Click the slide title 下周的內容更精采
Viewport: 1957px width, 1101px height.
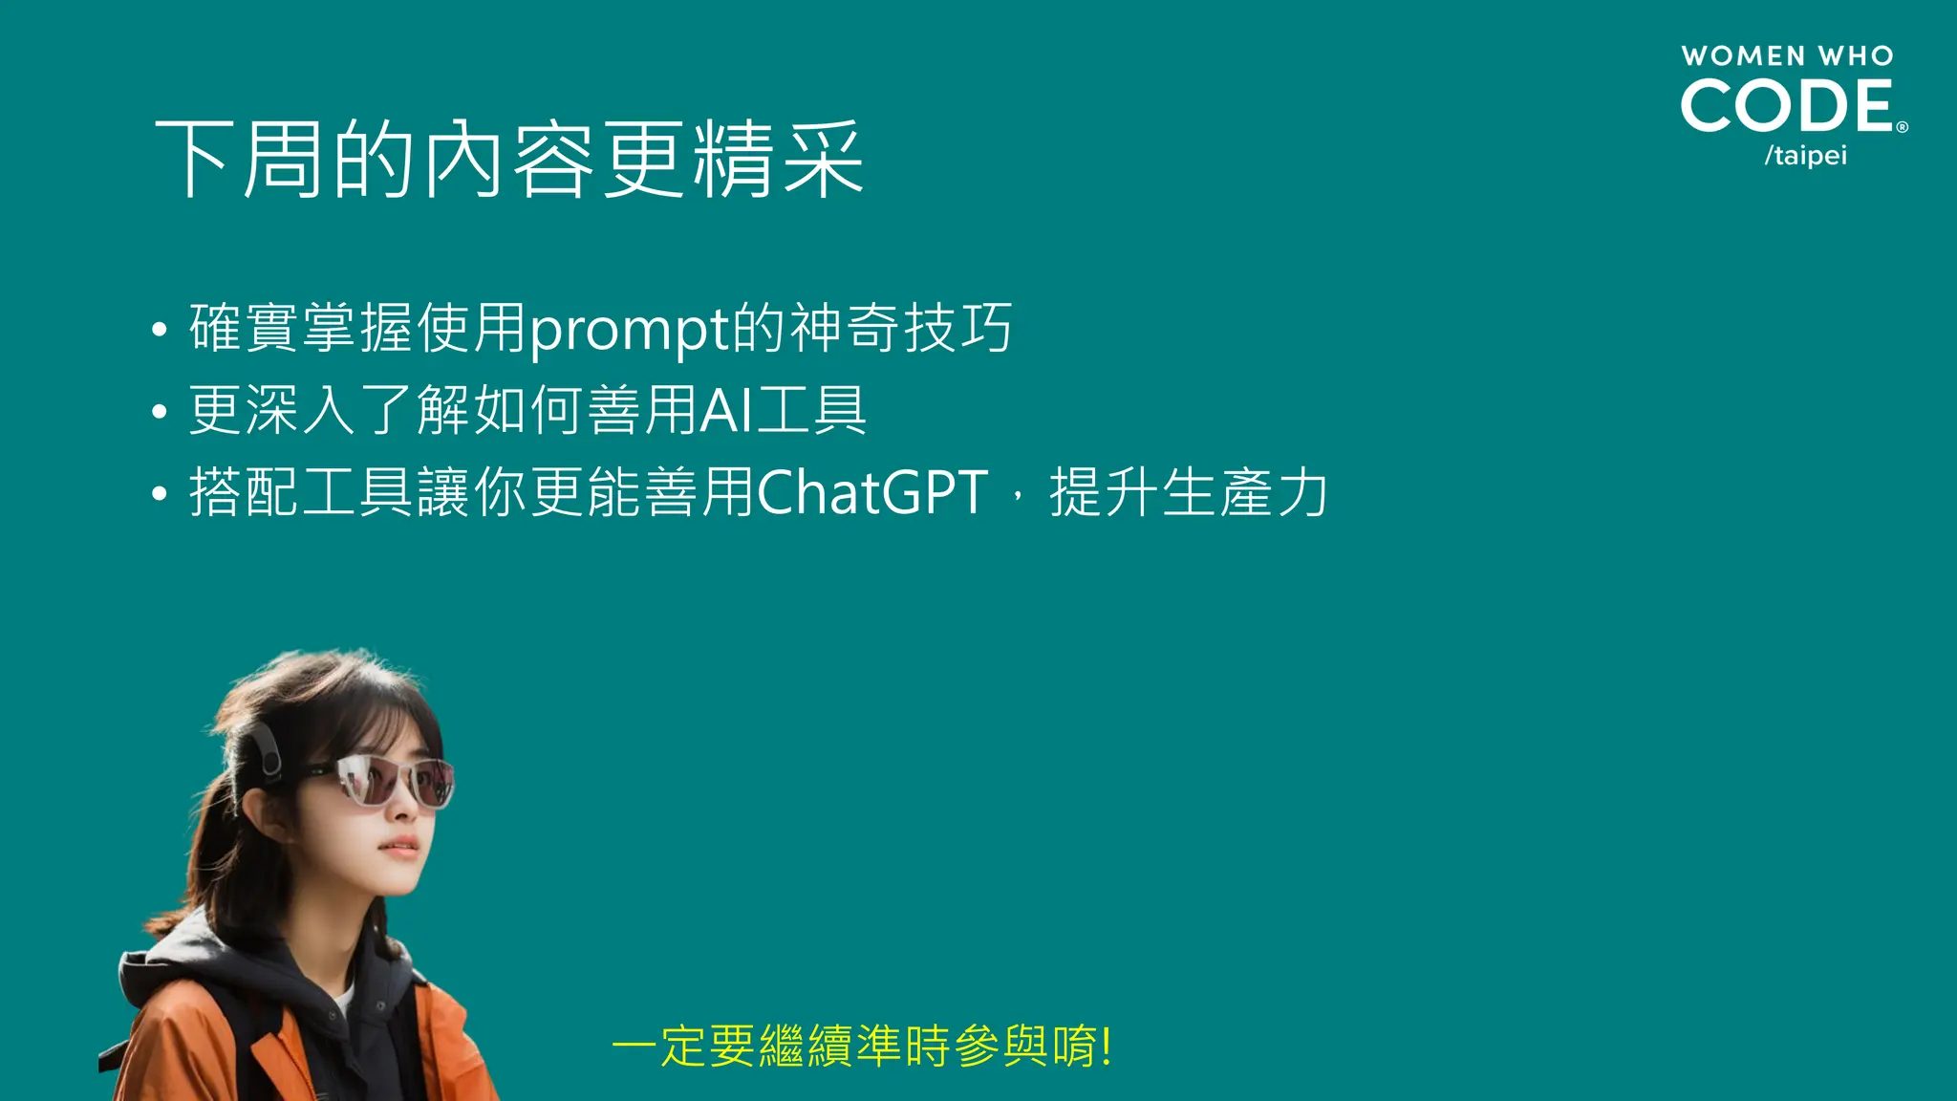509,160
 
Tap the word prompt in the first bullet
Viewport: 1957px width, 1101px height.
630,330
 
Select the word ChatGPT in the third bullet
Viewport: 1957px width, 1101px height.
872,493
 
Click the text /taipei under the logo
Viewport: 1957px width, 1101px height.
1805,155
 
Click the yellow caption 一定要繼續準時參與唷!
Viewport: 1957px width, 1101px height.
861,1046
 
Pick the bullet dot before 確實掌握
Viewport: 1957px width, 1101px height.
160,330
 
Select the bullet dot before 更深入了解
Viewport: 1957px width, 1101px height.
160,412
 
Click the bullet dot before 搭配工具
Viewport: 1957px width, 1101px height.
160,494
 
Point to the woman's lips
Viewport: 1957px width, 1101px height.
401,847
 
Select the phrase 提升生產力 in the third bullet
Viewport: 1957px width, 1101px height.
1189,493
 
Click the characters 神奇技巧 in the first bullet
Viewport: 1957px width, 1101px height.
901,329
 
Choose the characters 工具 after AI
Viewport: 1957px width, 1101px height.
811,411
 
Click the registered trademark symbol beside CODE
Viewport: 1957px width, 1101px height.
1902,127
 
